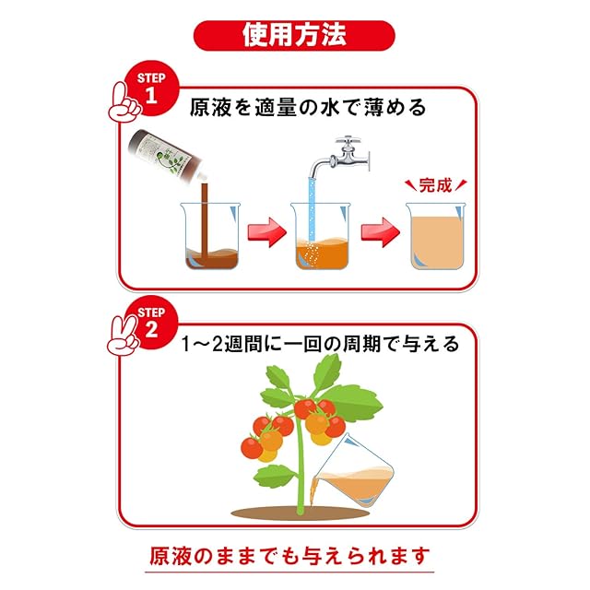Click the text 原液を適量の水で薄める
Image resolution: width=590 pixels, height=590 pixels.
click(307, 107)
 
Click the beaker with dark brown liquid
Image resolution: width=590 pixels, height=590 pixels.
click(210, 239)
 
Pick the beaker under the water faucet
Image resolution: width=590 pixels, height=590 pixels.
click(322, 239)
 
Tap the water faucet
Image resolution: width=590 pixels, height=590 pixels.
click(340, 157)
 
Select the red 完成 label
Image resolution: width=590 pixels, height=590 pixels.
click(435, 185)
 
